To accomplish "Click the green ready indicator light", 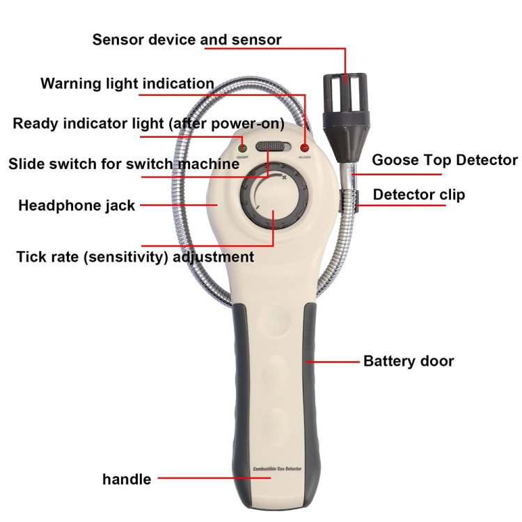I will click(x=243, y=148).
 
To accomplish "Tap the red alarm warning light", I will click(x=304, y=148).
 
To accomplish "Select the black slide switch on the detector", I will click(x=273, y=146).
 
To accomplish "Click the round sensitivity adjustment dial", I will click(x=272, y=198).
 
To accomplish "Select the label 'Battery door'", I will click(x=408, y=361).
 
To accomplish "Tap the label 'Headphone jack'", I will click(x=77, y=205).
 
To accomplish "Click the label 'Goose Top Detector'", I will click(x=445, y=160).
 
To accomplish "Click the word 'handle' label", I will click(x=127, y=479).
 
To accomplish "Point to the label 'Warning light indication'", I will click(x=127, y=84).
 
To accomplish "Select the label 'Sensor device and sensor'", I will click(x=187, y=40).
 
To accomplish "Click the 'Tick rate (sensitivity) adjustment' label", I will click(x=134, y=257).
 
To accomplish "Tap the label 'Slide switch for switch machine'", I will click(x=123, y=164).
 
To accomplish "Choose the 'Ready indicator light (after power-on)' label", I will click(x=148, y=124).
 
